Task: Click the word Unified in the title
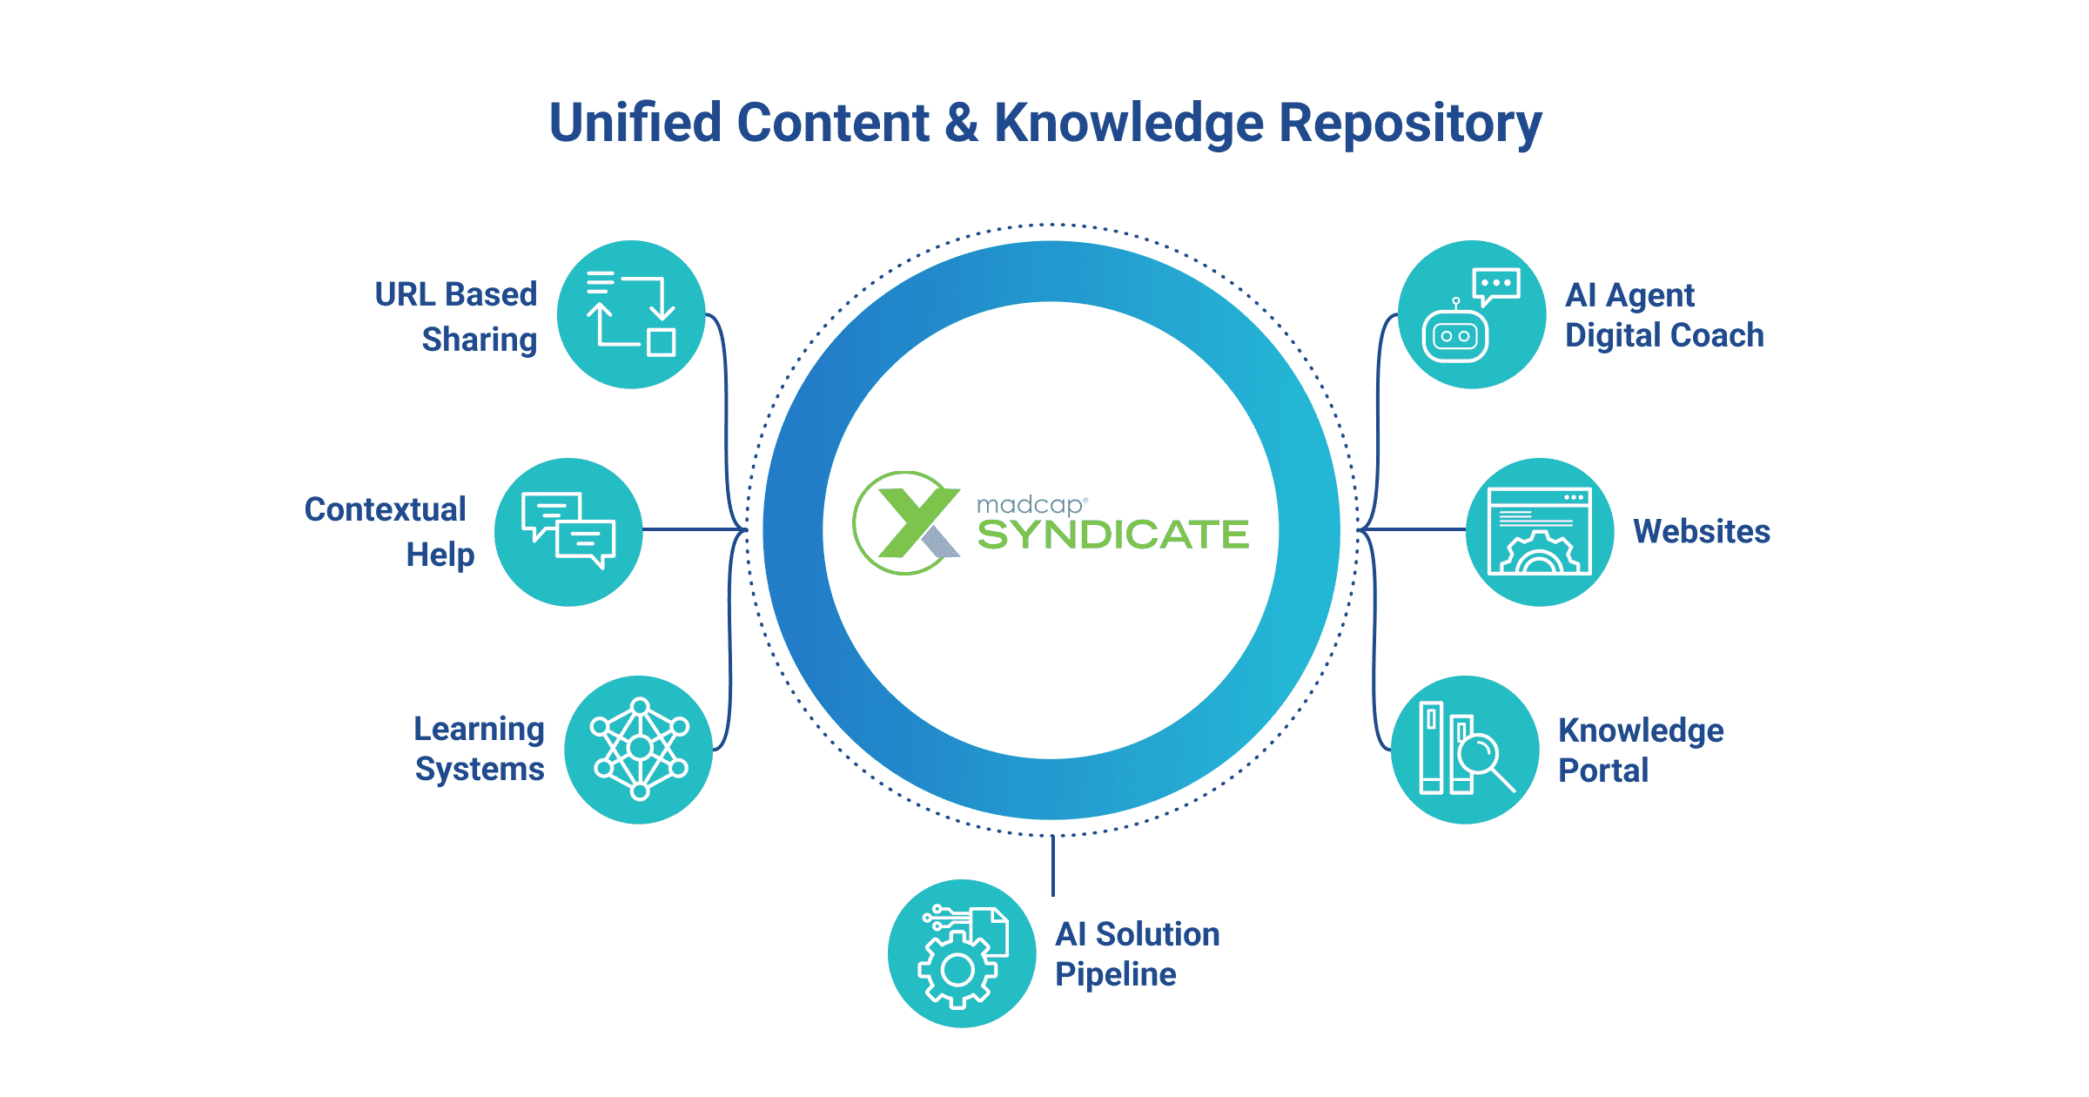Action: (x=635, y=123)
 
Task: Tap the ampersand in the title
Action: (x=961, y=123)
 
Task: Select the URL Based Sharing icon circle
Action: (x=631, y=314)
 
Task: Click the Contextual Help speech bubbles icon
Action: (x=568, y=531)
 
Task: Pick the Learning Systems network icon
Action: (x=639, y=749)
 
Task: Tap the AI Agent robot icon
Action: (x=1471, y=314)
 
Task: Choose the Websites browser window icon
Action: (x=1539, y=531)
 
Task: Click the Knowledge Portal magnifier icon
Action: (x=1466, y=750)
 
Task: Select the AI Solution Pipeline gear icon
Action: (x=961, y=954)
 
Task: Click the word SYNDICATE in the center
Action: (x=1112, y=535)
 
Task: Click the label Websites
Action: (x=1701, y=531)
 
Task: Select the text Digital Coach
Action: (x=1663, y=336)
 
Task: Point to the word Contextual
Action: (x=385, y=509)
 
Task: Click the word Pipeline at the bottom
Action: (x=1115, y=974)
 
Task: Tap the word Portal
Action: (x=1602, y=771)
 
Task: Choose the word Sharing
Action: (x=479, y=340)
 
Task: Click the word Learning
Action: (x=479, y=729)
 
